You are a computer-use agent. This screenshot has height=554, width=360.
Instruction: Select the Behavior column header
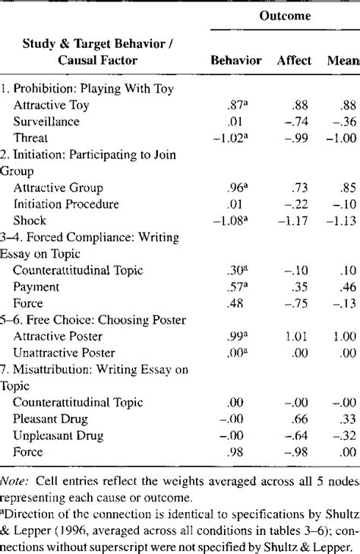click(235, 60)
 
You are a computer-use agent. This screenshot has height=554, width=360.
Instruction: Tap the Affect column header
click(293, 60)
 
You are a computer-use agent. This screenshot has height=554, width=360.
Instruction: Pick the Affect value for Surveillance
click(297, 122)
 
